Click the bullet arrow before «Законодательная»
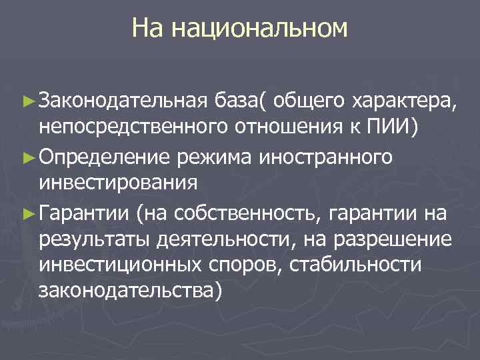pyautogui.click(x=27, y=101)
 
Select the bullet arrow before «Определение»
pyautogui.click(x=27, y=158)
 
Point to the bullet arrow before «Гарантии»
pyautogui.click(x=27, y=215)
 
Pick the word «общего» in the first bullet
pyautogui.click(x=308, y=101)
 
